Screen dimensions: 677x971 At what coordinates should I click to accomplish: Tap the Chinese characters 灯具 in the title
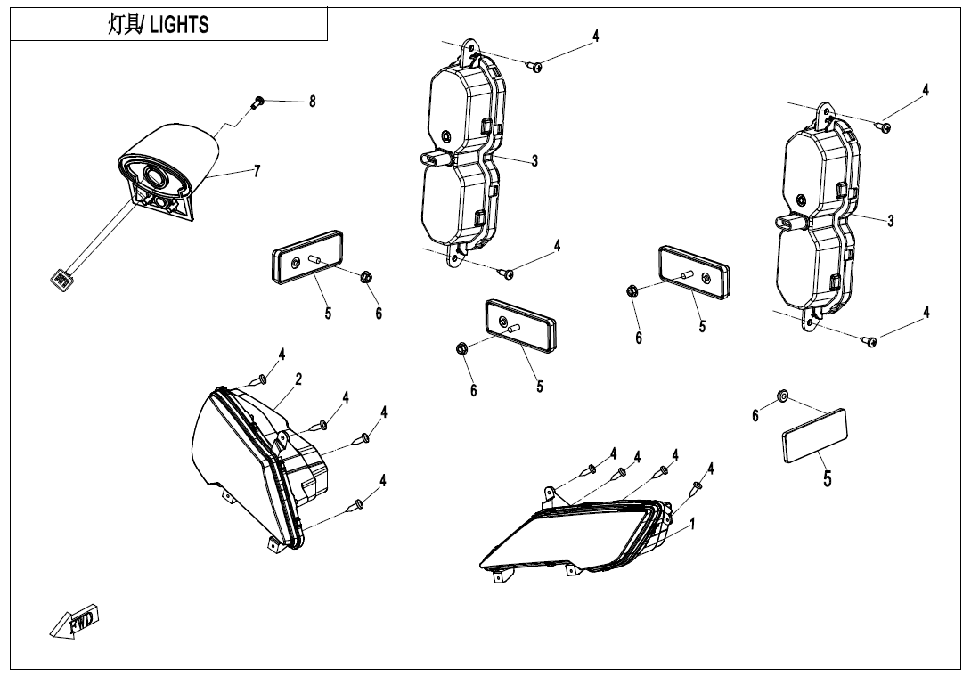pyautogui.click(x=123, y=25)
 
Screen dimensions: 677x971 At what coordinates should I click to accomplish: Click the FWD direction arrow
pyautogui.click(x=75, y=621)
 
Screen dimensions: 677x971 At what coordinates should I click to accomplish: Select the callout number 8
pyautogui.click(x=313, y=102)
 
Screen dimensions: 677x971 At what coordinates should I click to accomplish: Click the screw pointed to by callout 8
pyautogui.click(x=257, y=101)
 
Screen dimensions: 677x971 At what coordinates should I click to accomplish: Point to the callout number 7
pyautogui.click(x=257, y=171)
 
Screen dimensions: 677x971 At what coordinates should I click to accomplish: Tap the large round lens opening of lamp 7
pyautogui.click(x=154, y=176)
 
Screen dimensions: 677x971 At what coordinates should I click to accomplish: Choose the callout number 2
pyautogui.click(x=298, y=379)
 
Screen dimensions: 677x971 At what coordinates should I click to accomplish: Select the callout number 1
pyautogui.click(x=692, y=524)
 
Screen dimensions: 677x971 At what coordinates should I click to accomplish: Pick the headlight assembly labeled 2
pyautogui.click(x=254, y=463)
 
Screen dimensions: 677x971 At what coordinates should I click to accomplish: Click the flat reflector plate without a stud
pyautogui.click(x=814, y=436)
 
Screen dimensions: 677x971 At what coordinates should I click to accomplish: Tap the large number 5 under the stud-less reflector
pyautogui.click(x=828, y=478)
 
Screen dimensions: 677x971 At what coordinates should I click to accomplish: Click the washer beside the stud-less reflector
pyautogui.click(x=782, y=394)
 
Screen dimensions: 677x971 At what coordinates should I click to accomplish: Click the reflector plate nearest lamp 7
pyautogui.click(x=307, y=256)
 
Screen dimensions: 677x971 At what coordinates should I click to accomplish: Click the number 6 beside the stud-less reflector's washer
pyautogui.click(x=755, y=416)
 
